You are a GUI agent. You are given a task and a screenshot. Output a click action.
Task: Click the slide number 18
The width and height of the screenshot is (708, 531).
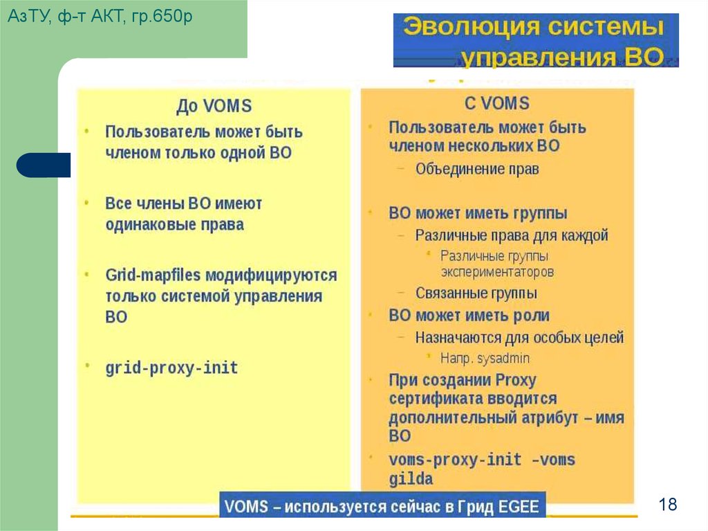(668, 504)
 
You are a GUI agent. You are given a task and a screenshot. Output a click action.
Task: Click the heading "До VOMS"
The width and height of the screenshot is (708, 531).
(214, 106)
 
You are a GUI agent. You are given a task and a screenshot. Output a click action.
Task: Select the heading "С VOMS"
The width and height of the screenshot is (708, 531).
(496, 104)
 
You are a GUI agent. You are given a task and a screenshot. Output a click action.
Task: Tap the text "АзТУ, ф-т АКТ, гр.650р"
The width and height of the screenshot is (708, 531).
(100, 16)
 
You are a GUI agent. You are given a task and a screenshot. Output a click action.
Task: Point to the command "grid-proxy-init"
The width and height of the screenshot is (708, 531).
(171, 368)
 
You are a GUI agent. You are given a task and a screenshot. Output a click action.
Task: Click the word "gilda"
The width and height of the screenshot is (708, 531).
(411, 478)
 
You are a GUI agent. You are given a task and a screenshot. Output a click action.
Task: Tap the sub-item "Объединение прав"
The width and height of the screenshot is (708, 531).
(477, 168)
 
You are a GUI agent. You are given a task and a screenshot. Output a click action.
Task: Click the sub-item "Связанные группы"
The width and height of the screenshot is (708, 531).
(476, 293)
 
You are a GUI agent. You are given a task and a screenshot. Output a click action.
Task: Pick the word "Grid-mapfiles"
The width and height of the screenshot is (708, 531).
(153, 275)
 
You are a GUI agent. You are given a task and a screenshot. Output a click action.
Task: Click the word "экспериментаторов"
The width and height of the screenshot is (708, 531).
(497, 272)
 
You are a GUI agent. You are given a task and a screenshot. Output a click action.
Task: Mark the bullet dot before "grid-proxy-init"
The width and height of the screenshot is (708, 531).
(87, 363)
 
